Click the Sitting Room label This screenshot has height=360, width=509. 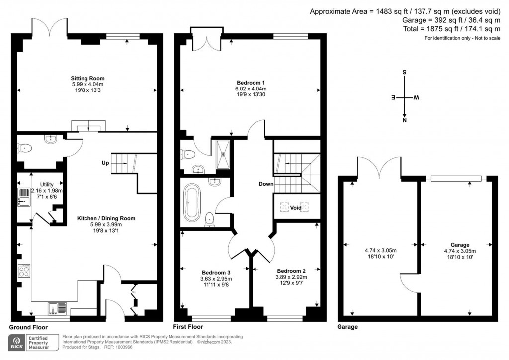coord(87,78)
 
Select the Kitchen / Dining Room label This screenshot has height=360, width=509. coord(106,218)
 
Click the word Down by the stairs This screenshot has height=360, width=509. coord(266,184)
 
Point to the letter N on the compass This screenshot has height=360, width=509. coord(404,120)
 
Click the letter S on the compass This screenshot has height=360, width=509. coord(404,73)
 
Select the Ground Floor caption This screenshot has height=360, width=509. coord(28,327)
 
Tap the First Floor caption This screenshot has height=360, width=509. coord(188,327)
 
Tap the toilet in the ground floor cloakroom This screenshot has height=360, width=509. coord(25,148)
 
